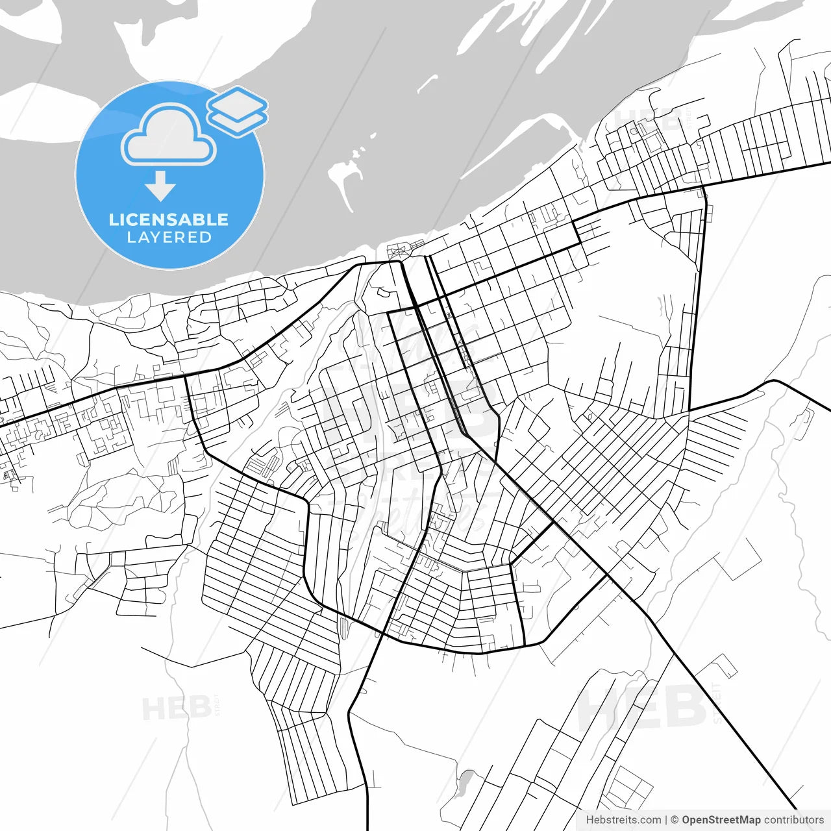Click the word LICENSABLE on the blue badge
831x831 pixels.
pyautogui.click(x=169, y=219)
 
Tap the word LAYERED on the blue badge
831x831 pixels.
pyautogui.click(x=169, y=238)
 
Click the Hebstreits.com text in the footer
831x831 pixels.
pyautogui.click(x=623, y=820)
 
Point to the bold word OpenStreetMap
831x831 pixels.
pyautogui.click(x=721, y=820)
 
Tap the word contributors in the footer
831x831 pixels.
pyautogui.click(x=793, y=820)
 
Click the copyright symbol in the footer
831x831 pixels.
pyautogui.click(x=675, y=820)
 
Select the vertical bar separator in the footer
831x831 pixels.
pyautogui.click(x=666, y=820)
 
